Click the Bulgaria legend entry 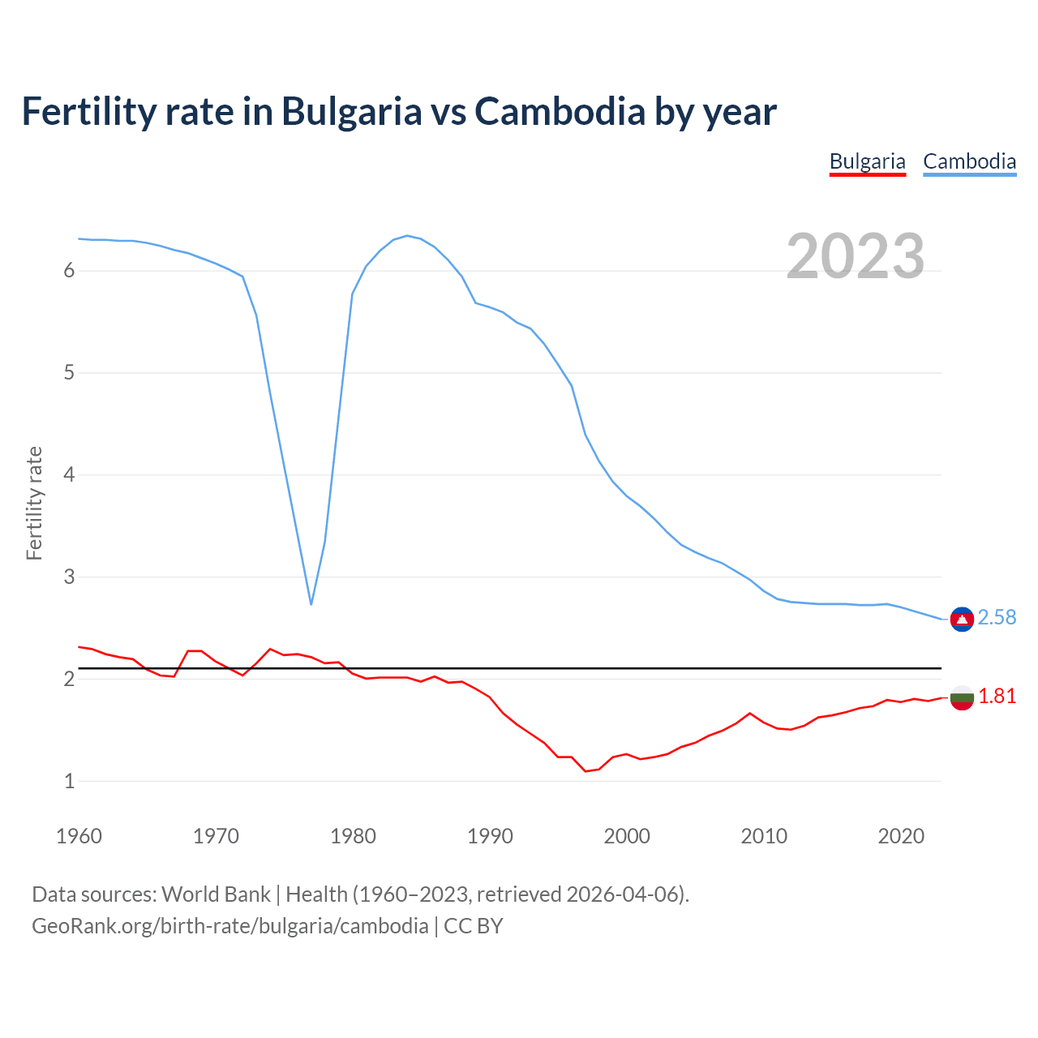867,161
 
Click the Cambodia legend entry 969,161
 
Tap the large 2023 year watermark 856,256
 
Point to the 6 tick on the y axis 69,271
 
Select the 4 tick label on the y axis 69,475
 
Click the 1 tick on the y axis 69,782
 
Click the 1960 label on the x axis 79,836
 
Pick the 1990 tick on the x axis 490,836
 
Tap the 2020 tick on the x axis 901,836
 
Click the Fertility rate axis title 34,503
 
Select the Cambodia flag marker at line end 962,620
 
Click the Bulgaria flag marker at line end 962,697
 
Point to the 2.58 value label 997,618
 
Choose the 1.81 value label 997,697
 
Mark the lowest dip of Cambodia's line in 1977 311,604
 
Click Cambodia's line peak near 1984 406,235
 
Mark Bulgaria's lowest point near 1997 585,771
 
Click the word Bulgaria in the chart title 351,111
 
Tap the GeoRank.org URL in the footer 229,926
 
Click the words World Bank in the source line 216,894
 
